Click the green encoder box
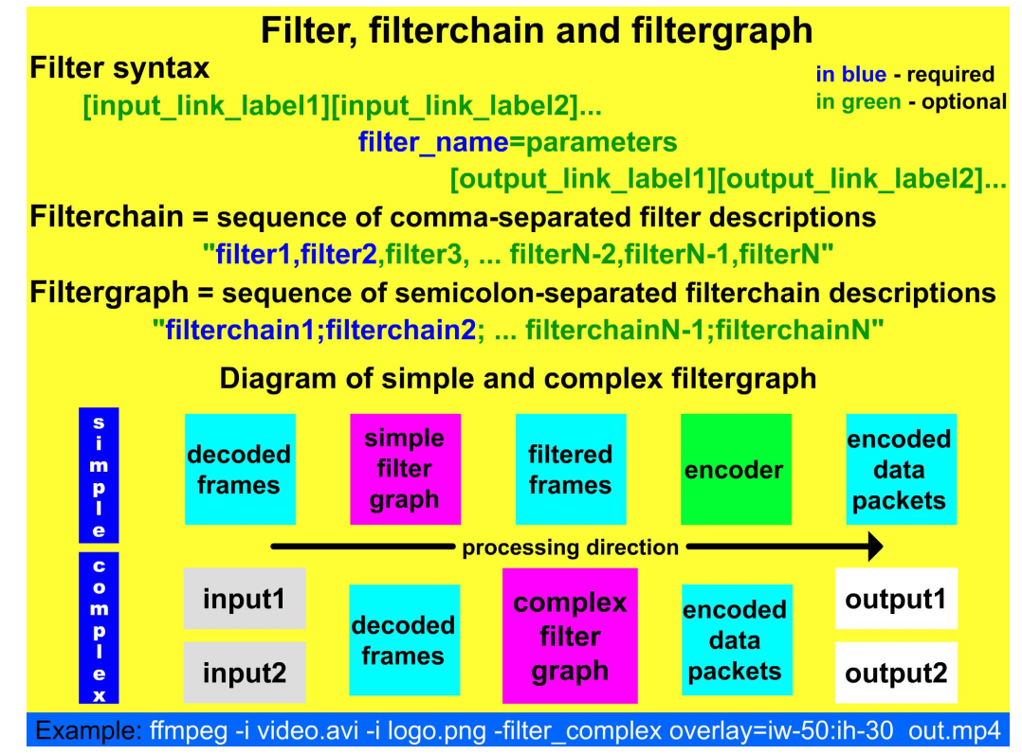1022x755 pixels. [736, 469]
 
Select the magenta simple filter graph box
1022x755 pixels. [405, 469]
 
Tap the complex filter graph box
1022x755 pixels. [570, 636]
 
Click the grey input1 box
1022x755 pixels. [244, 599]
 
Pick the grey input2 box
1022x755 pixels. [244, 673]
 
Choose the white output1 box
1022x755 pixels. [896, 599]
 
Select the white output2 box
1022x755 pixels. [896, 673]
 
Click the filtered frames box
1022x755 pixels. [570, 469]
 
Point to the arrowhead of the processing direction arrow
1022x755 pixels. [875, 547]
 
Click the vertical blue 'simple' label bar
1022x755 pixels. [99, 475]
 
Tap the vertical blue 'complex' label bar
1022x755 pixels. [99, 628]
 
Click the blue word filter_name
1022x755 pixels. [433, 143]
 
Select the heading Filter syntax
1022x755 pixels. [119, 69]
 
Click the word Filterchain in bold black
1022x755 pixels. [106, 217]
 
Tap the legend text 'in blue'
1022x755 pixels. [850, 75]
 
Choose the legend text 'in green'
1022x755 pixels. [858, 101]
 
